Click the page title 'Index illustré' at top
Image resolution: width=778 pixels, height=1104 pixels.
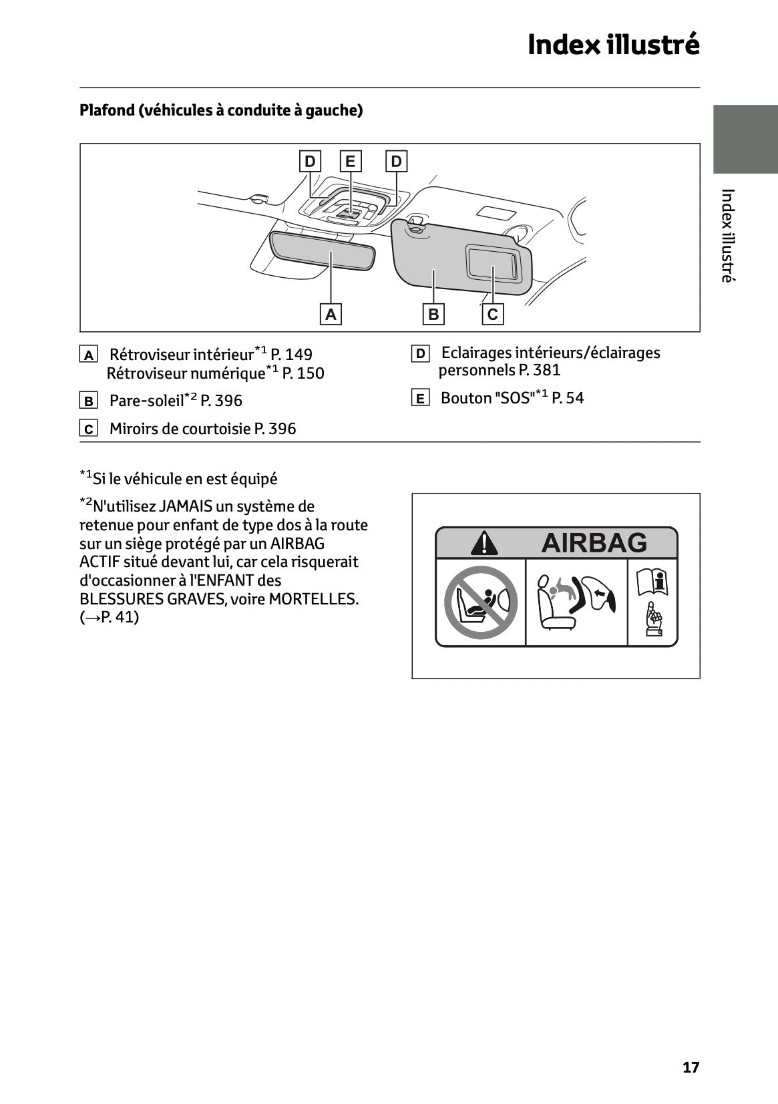[613, 45]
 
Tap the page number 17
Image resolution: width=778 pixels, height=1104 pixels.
[691, 1067]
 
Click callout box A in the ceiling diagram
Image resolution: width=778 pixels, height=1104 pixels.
[331, 314]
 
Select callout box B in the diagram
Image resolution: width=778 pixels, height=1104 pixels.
[433, 314]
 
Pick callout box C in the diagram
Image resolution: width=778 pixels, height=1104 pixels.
[493, 314]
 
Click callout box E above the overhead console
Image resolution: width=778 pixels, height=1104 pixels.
[350, 162]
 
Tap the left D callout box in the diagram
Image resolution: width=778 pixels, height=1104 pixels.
[310, 162]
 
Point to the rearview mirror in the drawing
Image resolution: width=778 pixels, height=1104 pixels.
[323, 250]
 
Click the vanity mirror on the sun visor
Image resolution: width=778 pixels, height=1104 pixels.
[492, 262]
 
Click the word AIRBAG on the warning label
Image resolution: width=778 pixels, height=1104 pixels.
[594, 543]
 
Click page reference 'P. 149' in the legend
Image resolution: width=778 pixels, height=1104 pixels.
[291, 355]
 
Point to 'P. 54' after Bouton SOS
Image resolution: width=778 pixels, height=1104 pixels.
[568, 398]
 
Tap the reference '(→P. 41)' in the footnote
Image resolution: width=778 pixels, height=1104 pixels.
[110, 617]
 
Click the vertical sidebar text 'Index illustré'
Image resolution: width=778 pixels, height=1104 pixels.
[727, 235]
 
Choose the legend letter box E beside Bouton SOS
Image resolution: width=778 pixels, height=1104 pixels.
[419, 399]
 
